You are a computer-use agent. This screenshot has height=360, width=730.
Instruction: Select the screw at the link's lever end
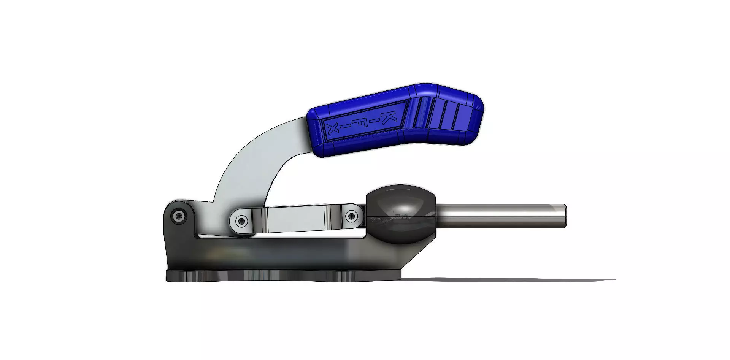(241, 220)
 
